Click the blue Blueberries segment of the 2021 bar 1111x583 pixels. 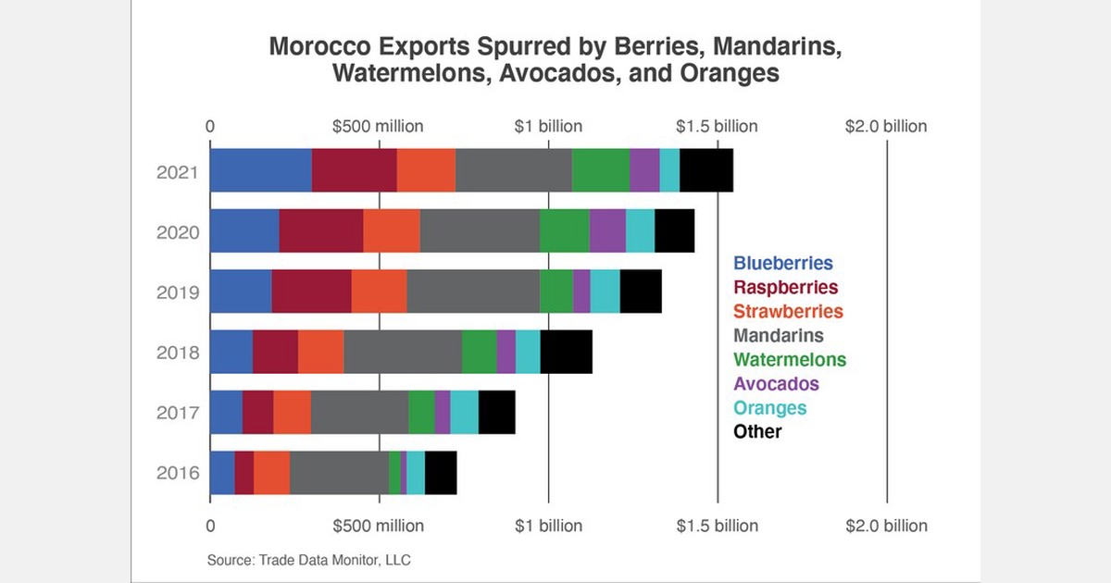point(260,170)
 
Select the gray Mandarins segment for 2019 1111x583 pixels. point(472,291)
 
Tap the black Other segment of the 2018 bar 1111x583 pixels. point(566,352)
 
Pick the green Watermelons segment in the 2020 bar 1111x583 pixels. point(564,230)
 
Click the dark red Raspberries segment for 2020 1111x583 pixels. point(320,230)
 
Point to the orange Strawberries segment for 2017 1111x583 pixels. point(292,412)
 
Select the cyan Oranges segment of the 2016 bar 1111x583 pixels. point(416,472)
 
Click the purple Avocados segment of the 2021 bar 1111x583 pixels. point(644,170)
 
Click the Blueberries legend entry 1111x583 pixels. point(782,264)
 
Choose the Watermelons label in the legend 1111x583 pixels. point(789,359)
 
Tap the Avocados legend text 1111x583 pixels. point(776,383)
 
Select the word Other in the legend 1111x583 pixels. point(757,431)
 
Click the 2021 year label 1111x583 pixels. point(178,171)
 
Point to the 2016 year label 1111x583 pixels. point(178,473)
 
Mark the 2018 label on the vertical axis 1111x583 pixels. point(178,353)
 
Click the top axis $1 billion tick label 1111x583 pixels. point(548,126)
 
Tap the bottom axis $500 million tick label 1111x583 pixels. point(380,526)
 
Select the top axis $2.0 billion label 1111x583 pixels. point(885,126)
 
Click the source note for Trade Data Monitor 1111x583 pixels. point(309,560)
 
